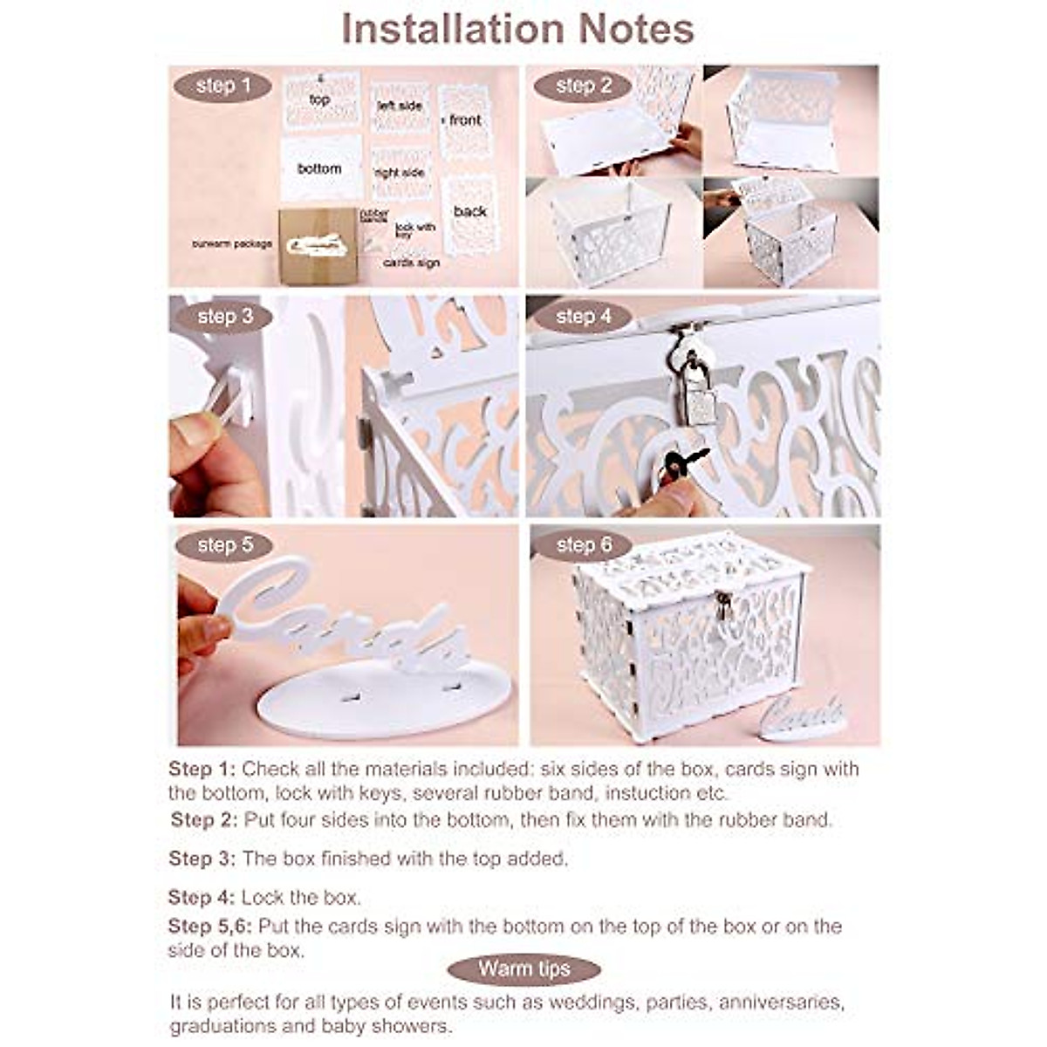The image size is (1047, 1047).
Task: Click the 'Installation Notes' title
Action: coord(517,30)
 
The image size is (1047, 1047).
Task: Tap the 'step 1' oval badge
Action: coord(222,86)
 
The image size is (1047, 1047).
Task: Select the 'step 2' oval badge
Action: coord(583,86)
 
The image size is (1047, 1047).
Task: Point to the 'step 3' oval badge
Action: coord(224,317)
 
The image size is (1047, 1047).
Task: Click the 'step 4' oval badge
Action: coord(583,317)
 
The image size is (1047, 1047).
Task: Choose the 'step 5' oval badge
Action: coord(224,546)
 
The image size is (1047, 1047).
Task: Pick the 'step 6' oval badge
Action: coord(583,546)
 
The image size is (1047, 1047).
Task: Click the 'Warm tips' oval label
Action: coord(523,969)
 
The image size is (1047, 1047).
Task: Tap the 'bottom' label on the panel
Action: coord(319,168)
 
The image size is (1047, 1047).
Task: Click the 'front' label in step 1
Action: coord(465,120)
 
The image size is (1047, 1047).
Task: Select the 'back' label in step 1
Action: coord(469,211)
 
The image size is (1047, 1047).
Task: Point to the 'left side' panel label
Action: coord(400,106)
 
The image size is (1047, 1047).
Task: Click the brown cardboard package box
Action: coord(318,246)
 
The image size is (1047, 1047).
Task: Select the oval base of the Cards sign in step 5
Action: coord(384,698)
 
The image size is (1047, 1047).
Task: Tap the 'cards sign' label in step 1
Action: coord(411,263)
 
